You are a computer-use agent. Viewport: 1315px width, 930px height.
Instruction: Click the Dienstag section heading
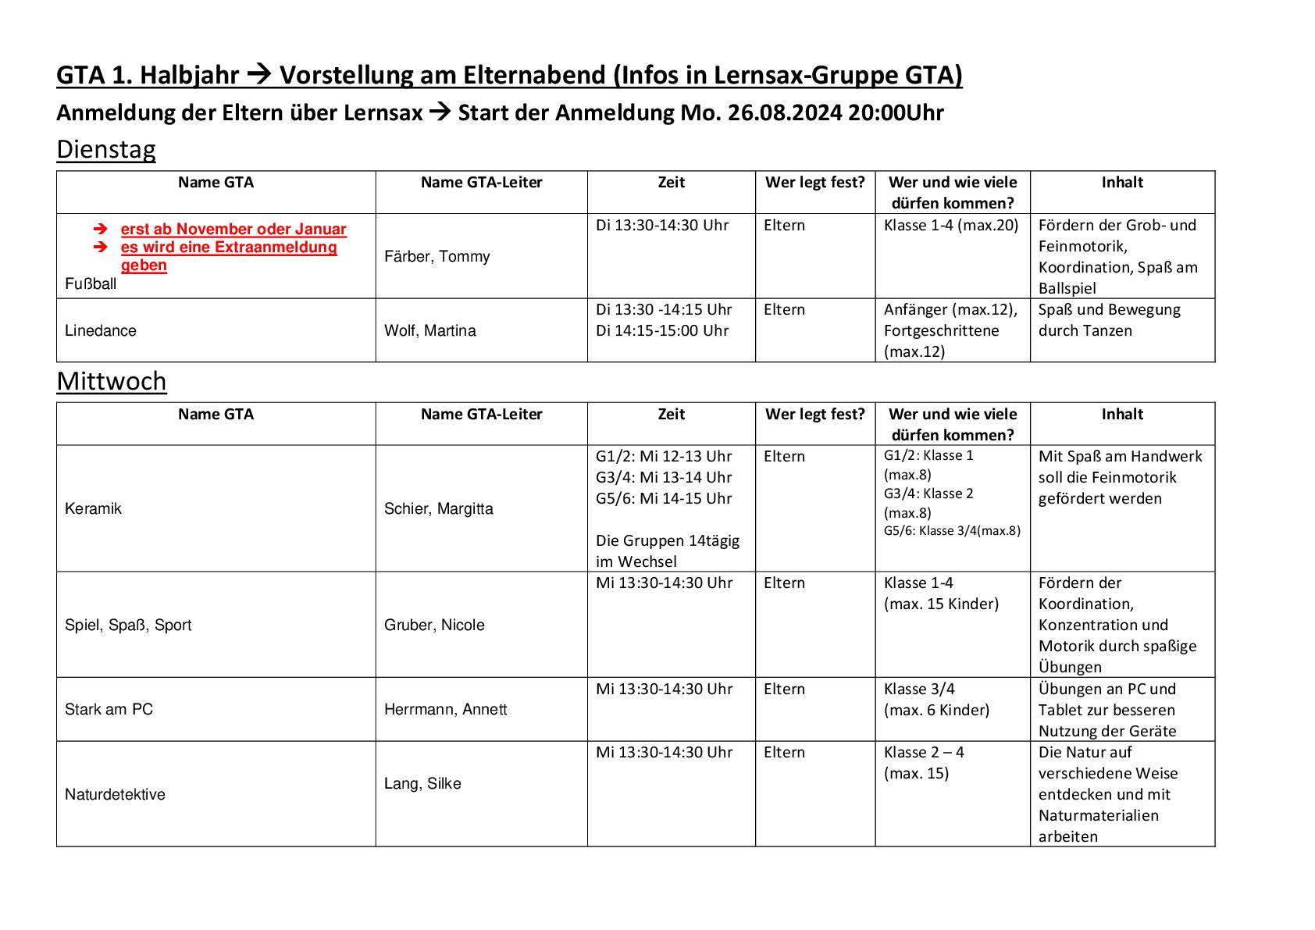point(106,149)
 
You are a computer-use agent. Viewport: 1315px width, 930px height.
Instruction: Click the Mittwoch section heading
point(112,381)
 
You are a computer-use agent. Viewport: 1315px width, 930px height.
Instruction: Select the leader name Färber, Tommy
point(437,257)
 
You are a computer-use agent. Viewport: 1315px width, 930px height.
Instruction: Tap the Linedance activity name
point(101,330)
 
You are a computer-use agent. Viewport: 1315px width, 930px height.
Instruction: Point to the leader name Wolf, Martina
point(429,330)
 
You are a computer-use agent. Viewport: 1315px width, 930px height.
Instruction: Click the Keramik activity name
point(94,508)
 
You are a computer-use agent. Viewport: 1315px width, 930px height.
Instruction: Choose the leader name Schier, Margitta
point(438,509)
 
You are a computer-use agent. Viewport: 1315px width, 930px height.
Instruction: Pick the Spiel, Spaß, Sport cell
point(128,625)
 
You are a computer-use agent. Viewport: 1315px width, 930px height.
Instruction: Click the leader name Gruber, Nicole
point(434,625)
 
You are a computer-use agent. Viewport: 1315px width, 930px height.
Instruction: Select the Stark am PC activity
point(109,709)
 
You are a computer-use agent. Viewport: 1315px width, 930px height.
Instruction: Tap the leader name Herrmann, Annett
point(445,709)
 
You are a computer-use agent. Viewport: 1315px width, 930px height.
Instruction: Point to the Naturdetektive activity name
point(115,794)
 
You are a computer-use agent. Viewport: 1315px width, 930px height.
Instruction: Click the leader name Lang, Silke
point(422,783)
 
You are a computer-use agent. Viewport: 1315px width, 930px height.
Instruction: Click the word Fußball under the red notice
point(91,283)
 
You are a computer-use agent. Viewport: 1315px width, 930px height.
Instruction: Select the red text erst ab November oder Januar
point(233,229)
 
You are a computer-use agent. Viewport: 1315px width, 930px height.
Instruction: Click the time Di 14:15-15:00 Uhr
point(662,330)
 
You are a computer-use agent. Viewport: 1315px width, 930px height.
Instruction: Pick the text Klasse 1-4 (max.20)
point(951,225)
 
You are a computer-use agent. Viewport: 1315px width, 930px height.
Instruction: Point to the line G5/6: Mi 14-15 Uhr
point(664,498)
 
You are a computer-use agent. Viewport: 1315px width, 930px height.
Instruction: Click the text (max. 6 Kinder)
point(936,710)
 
